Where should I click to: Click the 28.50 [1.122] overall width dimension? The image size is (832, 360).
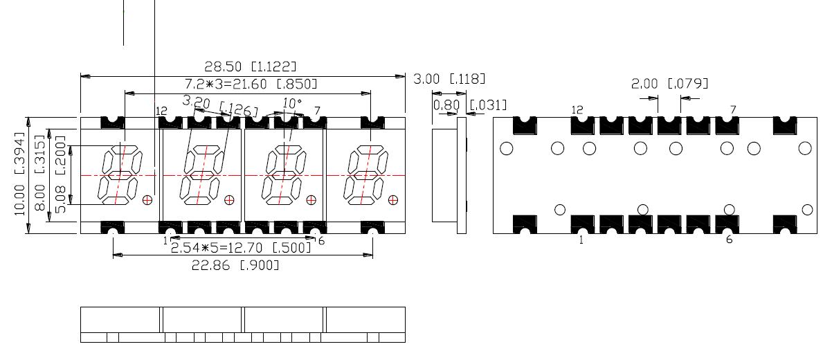250,66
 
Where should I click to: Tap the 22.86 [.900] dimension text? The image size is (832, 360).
235,265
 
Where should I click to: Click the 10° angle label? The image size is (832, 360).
293,103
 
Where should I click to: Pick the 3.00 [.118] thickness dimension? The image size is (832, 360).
449,79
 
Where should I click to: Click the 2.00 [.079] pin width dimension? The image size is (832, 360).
669,84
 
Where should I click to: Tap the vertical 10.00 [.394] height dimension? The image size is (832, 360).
19,174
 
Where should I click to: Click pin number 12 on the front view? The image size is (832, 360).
162,111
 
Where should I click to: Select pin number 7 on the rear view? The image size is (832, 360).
732,109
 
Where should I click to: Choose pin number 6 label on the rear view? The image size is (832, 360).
729,240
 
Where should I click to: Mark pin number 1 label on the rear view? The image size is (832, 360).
581,240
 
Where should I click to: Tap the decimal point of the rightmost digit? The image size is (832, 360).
393,200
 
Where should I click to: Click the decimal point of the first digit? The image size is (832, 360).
147,200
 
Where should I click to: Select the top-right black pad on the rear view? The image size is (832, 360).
786,125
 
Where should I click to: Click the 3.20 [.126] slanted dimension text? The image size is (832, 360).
219,105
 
